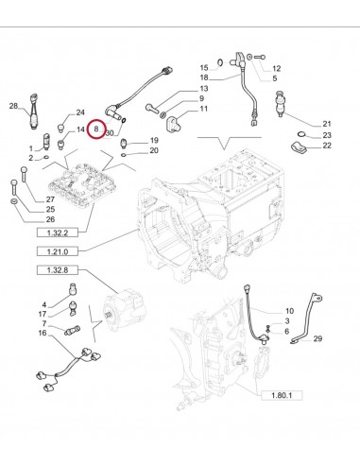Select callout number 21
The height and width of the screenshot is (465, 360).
[327, 124]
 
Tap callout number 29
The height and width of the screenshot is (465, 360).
[317, 337]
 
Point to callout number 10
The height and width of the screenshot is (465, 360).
[289, 311]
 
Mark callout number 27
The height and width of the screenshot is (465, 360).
[51, 198]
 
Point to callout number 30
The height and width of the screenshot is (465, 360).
[110, 134]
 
